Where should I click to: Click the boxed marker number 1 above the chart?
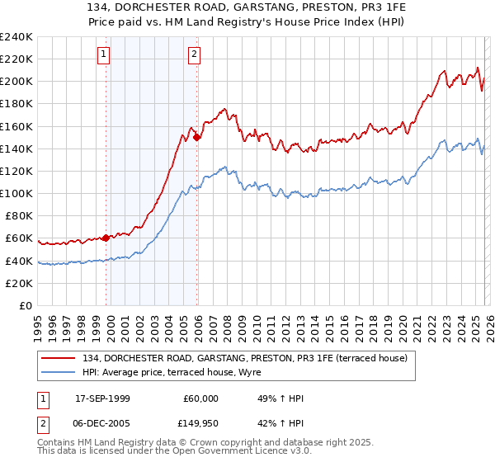(x=104, y=55)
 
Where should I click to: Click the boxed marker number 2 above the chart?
(x=194, y=55)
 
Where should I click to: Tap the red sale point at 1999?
(x=106, y=238)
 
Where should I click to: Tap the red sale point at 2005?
(x=197, y=138)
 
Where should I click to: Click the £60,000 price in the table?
(x=200, y=398)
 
